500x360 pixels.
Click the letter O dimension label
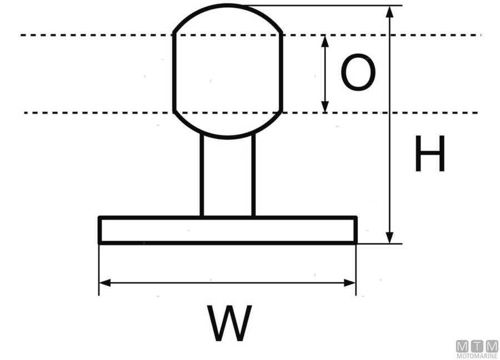point(358,73)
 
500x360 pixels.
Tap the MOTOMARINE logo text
point(477,355)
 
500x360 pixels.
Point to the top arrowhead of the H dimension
point(390,12)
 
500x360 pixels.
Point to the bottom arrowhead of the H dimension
point(390,237)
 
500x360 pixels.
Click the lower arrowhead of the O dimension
point(326,107)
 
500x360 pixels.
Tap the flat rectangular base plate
point(228,230)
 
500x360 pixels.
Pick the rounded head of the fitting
point(228,72)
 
